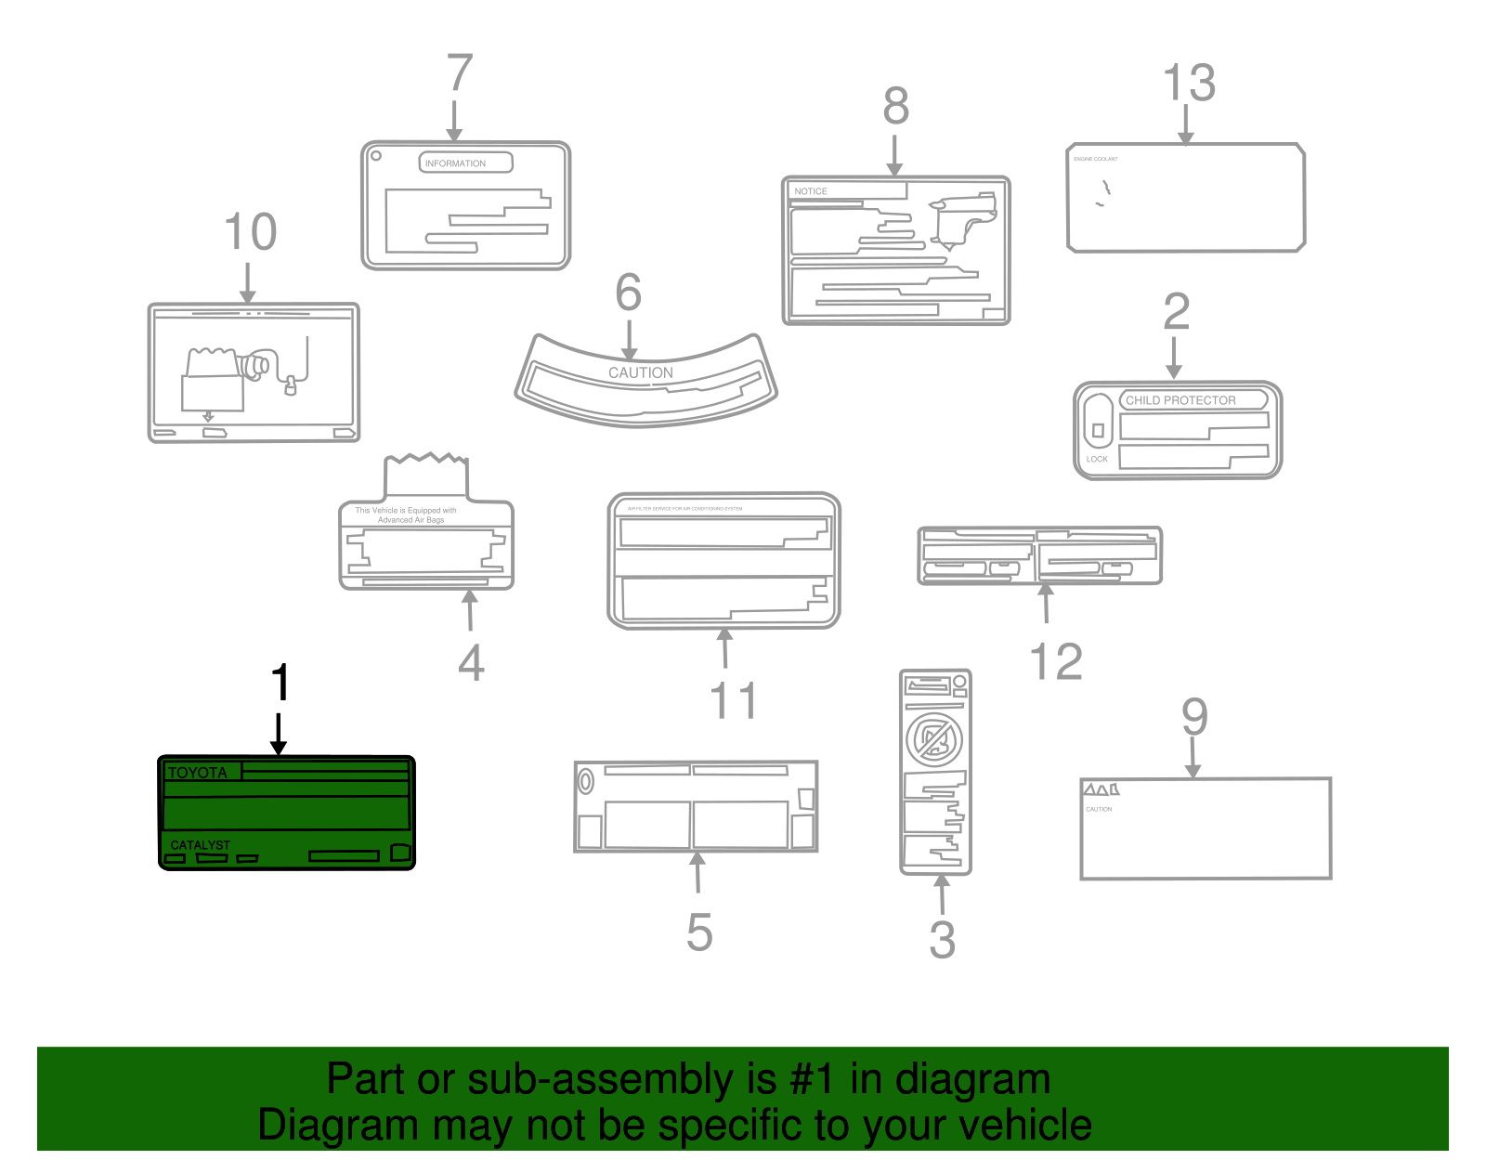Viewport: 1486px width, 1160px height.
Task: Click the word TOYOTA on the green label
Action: tap(198, 773)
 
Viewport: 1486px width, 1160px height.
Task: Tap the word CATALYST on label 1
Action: tap(200, 845)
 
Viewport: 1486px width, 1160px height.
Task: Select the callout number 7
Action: tap(460, 73)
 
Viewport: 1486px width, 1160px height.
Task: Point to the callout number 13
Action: tap(1189, 83)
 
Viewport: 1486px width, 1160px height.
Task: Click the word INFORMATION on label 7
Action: tap(455, 163)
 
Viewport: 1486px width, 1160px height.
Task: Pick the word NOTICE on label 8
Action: tap(810, 191)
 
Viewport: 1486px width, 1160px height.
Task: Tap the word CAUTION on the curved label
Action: tap(641, 372)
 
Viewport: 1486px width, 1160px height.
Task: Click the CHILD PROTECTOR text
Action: tap(1180, 400)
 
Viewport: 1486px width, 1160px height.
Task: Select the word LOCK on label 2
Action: tap(1097, 459)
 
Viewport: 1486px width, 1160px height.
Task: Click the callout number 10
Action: tap(251, 232)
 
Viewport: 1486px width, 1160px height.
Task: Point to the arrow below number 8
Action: tap(894, 155)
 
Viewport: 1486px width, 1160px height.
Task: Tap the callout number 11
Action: tap(733, 700)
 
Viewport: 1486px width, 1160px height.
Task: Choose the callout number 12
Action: tap(1056, 662)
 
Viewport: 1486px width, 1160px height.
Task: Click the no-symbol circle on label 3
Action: tap(934, 739)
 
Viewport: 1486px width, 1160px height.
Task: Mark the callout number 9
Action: tap(1194, 717)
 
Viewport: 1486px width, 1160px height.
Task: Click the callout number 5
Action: tap(699, 932)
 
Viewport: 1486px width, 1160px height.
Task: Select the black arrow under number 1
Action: tap(278, 734)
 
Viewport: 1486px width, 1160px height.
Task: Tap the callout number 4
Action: tap(471, 663)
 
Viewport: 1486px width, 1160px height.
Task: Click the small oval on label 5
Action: tap(585, 781)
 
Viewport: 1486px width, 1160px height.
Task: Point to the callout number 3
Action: tap(942, 940)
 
